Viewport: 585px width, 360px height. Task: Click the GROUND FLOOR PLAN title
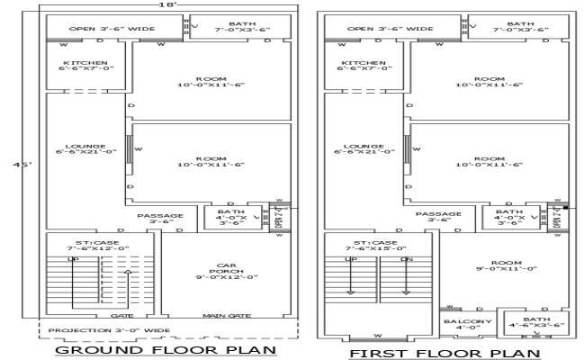click(165, 350)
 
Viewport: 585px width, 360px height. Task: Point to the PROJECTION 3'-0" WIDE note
click(109, 330)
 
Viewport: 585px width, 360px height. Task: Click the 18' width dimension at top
click(166, 5)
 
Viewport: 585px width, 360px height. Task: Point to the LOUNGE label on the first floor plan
click(364, 148)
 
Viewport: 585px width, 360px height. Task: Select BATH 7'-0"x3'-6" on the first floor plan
click(519, 27)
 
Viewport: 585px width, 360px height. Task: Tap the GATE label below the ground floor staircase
click(122, 316)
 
